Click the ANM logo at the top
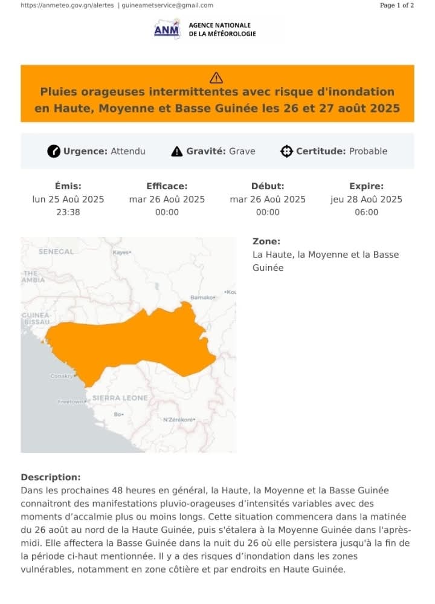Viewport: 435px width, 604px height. (167, 29)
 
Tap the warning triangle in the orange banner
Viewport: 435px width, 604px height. (216, 77)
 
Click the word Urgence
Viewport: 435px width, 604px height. (86, 151)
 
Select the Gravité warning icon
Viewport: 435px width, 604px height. (176, 151)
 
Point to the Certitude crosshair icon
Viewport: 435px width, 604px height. (286, 151)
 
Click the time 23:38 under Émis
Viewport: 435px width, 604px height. (68, 212)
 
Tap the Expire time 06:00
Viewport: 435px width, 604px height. (366, 212)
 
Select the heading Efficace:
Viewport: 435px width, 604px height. (167, 186)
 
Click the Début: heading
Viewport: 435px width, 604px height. (268, 186)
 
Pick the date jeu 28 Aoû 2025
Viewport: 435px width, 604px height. (366, 200)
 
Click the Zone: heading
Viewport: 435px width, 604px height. (266, 241)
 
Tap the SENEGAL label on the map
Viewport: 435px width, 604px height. (56, 252)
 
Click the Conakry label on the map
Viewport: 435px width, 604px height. (61, 376)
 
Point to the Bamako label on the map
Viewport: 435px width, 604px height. (202, 297)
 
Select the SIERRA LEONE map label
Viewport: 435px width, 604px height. (120, 398)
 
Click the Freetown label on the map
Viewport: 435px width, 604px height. (71, 401)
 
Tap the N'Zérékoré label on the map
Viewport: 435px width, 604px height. (178, 420)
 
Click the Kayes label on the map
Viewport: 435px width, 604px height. (121, 252)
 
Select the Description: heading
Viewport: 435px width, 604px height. (50, 477)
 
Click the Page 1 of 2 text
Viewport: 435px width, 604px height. (397, 5)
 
